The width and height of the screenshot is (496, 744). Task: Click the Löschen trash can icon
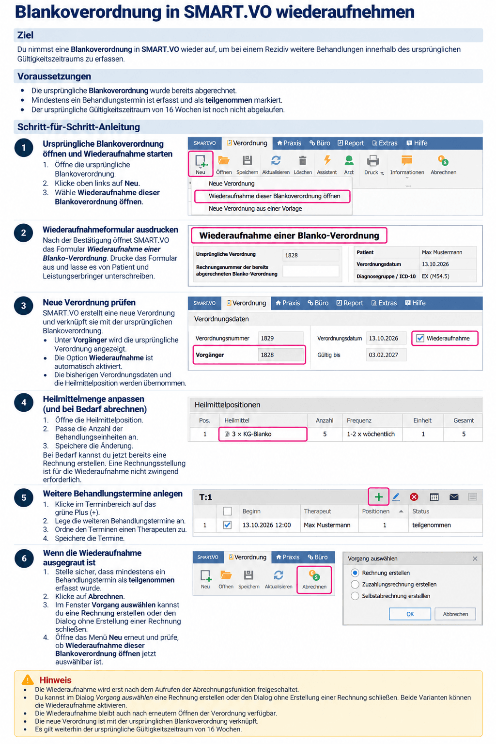pyautogui.click(x=302, y=161)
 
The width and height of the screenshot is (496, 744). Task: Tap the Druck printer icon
pyautogui.click(x=373, y=161)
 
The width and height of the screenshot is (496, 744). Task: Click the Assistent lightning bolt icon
pyautogui.click(x=327, y=160)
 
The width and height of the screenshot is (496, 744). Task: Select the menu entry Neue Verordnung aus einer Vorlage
pyautogui.click(x=255, y=209)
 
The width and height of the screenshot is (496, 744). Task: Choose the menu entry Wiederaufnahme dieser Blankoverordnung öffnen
pyautogui.click(x=275, y=196)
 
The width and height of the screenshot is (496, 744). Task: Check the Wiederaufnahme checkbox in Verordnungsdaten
pyautogui.click(x=420, y=338)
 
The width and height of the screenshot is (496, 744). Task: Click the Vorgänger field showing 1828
pyautogui.click(x=280, y=355)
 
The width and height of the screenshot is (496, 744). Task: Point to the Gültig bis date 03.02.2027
pyautogui.click(x=383, y=355)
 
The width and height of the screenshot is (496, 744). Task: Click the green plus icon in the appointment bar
pyautogui.click(x=378, y=497)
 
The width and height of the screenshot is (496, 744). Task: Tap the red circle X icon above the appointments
pyautogui.click(x=414, y=497)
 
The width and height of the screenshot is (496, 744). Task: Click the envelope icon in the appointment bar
pyautogui.click(x=454, y=497)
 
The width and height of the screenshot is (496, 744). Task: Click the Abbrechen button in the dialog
pyautogui.click(x=455, y=614)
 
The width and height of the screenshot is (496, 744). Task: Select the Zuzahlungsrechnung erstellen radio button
pyautogui.click(x=355, y=585)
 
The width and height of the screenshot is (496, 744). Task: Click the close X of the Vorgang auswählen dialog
pyautogui.click(x=475, y=558)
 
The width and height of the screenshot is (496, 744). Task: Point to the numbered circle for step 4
pyautogui.click(x=24, y=403)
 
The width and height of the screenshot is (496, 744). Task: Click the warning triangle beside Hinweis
pyautogui.click(x=28, y=680)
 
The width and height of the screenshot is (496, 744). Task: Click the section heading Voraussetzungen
pyautogui.click(x=54, y=77)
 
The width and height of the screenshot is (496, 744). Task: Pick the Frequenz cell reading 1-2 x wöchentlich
pyautogui.click(x=371, y=434)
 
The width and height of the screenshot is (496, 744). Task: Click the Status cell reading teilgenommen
pyautogui.click(x=432, y=525)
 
